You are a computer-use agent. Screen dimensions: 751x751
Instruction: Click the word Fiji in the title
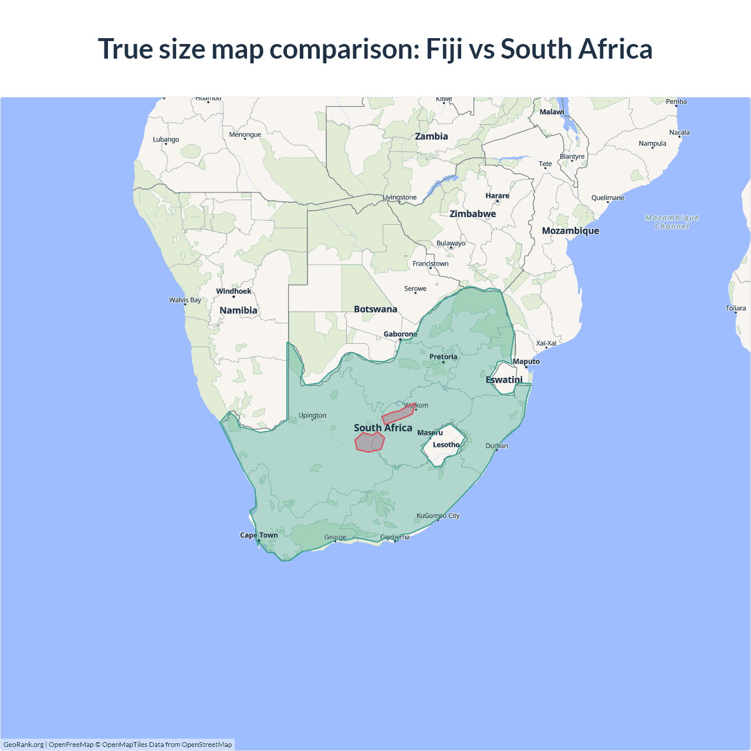tap(444, 49)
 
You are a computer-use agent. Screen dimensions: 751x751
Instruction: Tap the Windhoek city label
tap(234, 291)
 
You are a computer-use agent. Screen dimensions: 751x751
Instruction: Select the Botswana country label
tap(375, 309)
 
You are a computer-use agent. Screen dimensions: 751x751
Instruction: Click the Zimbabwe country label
tap(473, 214)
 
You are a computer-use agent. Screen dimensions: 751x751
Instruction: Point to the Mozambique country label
tap(570, 231)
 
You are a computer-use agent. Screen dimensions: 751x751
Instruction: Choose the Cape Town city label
tap(259, 535)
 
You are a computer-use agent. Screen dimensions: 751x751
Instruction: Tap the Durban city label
tap(496, 446)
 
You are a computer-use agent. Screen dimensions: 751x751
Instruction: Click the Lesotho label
tap(446, 445)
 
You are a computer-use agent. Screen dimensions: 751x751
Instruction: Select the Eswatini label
tap(504, 380)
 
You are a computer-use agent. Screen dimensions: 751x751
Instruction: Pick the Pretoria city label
tap(443, 357)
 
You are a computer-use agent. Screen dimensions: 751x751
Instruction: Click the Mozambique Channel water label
tap(672, 222)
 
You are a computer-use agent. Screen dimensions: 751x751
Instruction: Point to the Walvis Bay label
tap(185, 300)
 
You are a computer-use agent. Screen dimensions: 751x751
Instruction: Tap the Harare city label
tap(497, 196)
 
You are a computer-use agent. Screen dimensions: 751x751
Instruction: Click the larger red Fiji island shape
tap(370, 442)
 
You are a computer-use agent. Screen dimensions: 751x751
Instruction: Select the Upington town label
tap(312, 415)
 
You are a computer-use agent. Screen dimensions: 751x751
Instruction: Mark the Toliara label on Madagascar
tap(735, 308)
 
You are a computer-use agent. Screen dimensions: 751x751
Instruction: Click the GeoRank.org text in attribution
tap(23, 745)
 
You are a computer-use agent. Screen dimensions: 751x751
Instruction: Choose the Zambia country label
tap(431, 136)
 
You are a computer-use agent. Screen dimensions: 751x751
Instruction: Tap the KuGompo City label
tap(438, 516)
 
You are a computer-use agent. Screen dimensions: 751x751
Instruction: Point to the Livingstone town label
tap(400, 197)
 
